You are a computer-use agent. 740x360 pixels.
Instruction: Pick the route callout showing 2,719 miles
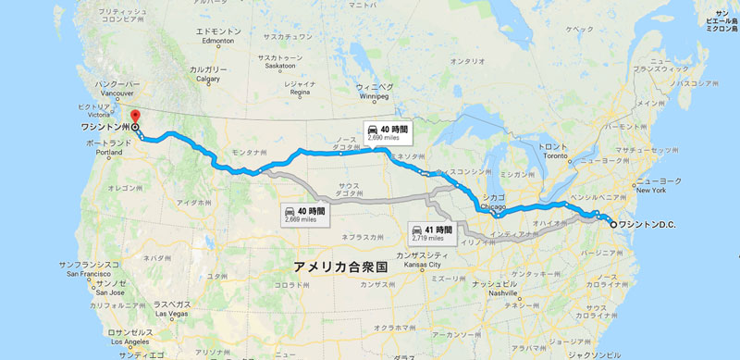tap(432, 232)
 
